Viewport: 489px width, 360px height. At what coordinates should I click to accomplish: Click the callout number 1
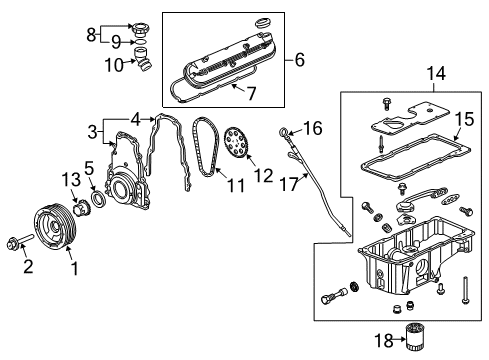[71, 270]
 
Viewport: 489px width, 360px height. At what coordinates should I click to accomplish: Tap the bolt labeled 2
[18, 243]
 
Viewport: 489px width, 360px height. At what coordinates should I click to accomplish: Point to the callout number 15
[463, 121]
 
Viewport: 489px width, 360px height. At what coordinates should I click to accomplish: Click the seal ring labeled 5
[100, 200]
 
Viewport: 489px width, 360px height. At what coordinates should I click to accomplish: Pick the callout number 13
[69, 179]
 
